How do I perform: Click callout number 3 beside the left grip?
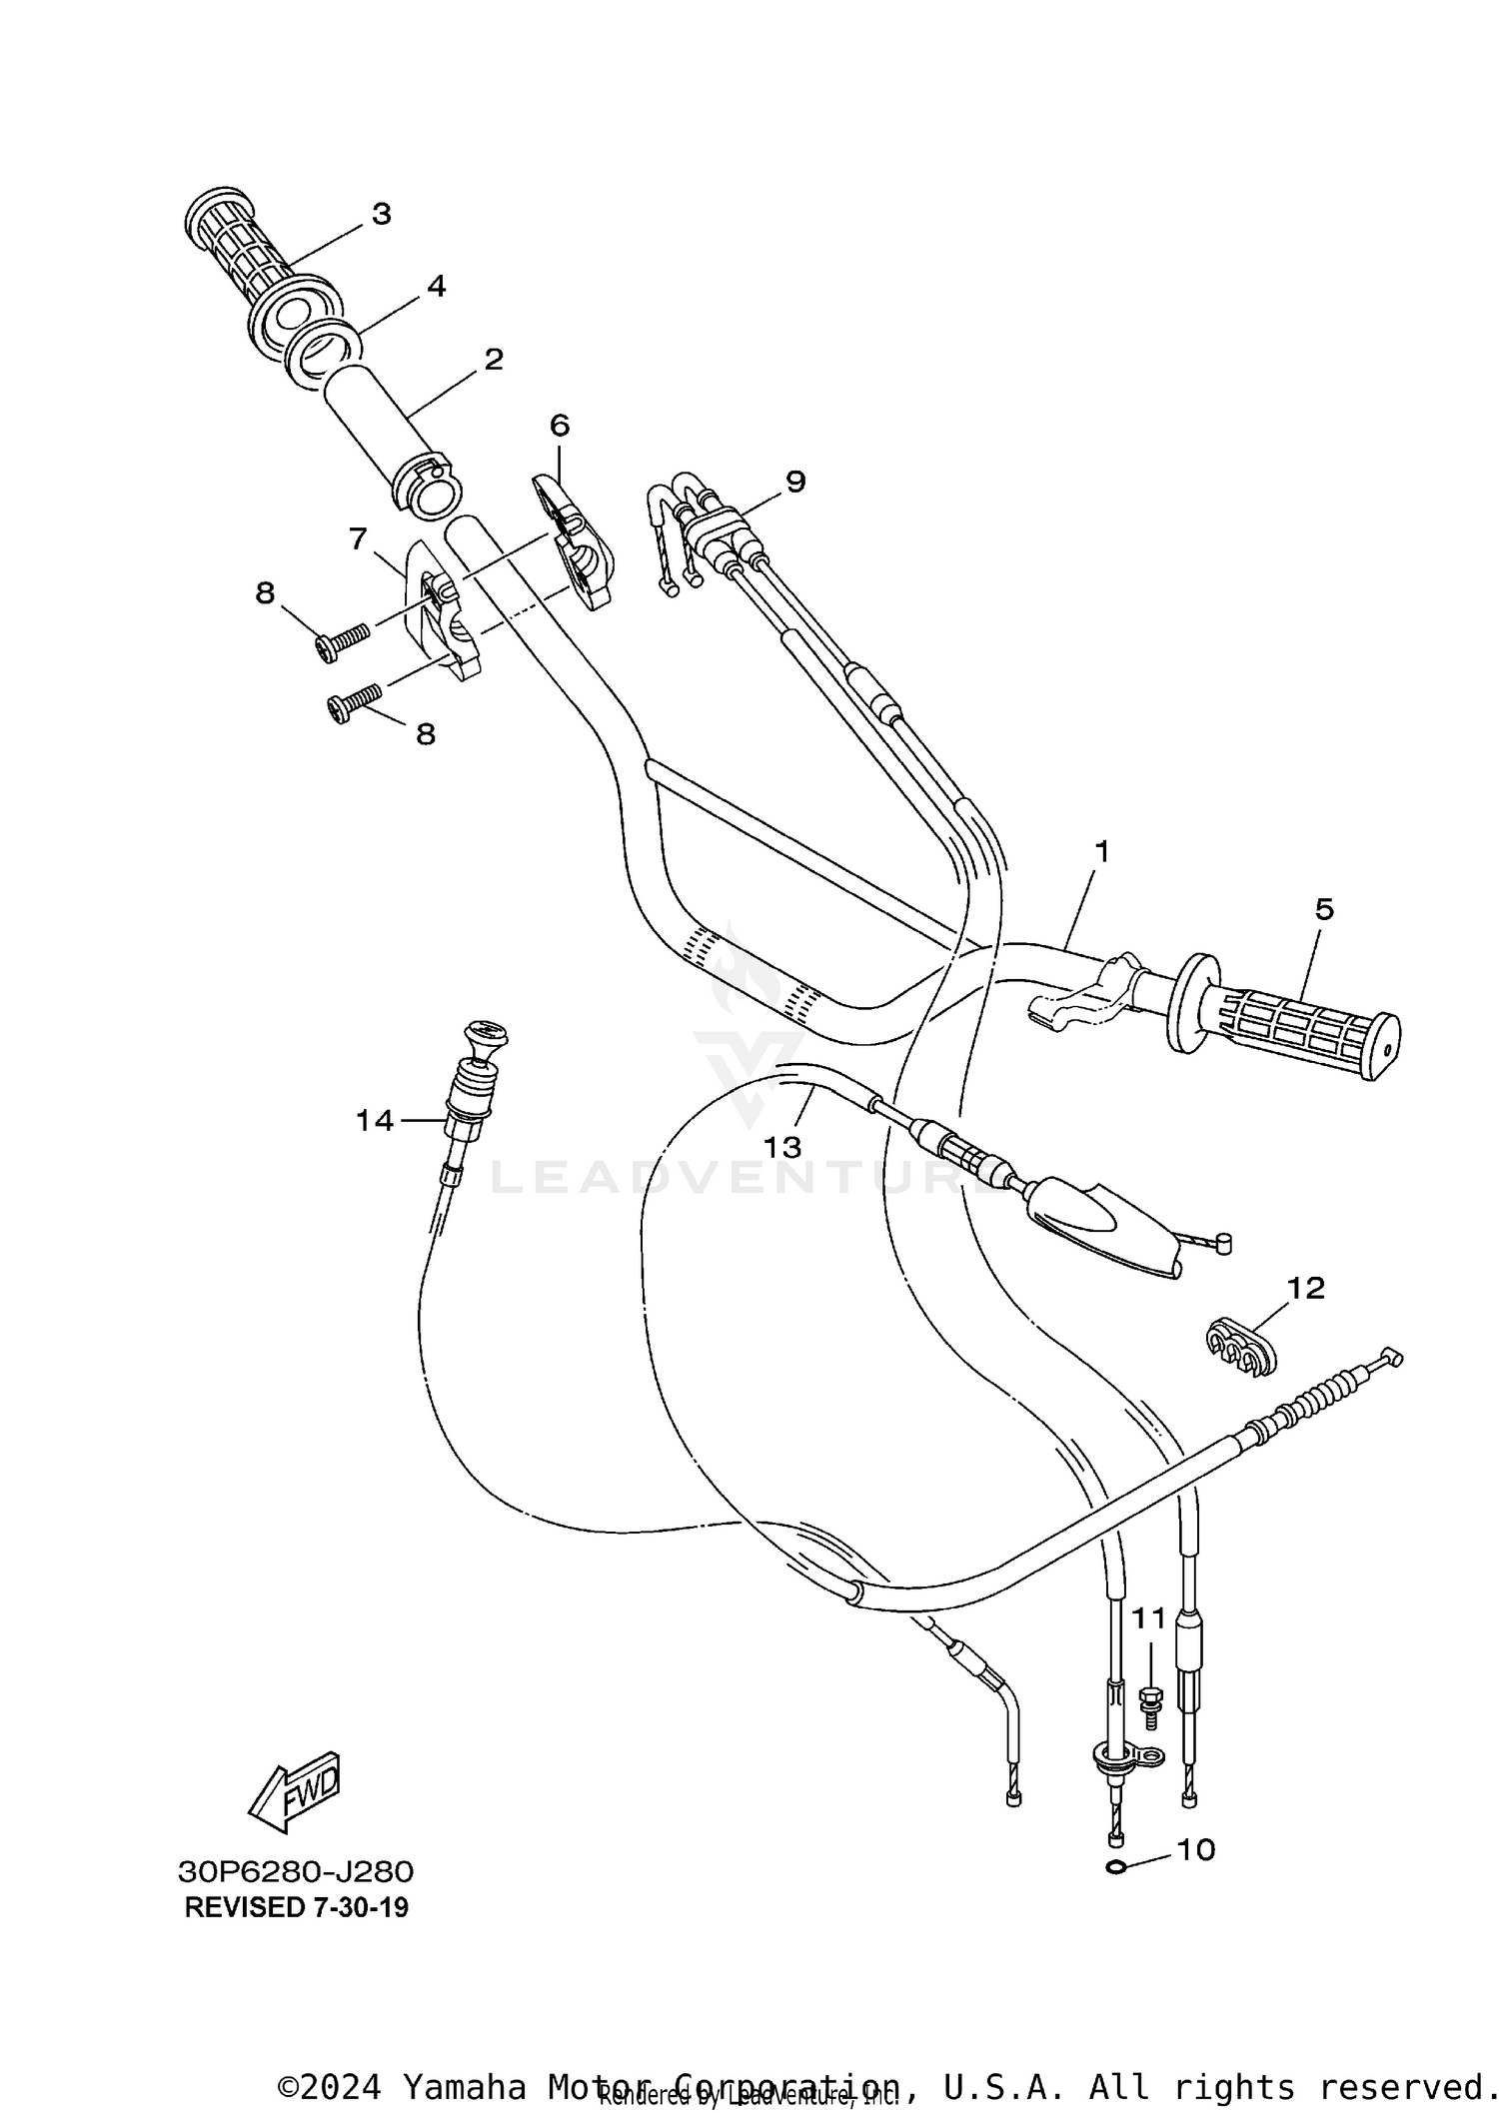pos(381,214)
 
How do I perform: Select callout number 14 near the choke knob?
pos(375,1121)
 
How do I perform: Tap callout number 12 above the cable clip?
pos(1304,1288)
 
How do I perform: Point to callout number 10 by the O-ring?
pos(1195,1850)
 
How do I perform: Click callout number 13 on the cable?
pos(782,1147)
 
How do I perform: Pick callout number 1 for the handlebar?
pos(1101,852)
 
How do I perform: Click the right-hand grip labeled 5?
pos(1299,1028)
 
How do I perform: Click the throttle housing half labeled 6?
pos(575,539)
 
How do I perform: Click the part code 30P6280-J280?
pos(296,1871)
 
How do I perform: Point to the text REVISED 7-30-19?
pos(296,1907)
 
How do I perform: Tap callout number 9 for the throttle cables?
pos(794,482)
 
